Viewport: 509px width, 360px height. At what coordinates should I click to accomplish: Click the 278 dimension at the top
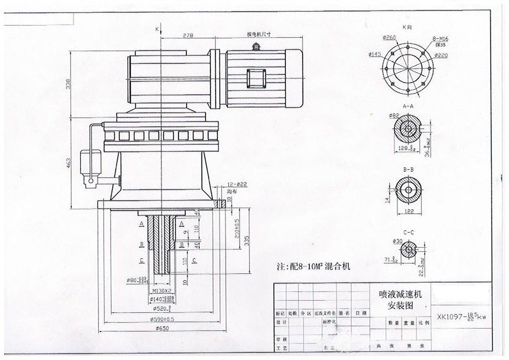188,35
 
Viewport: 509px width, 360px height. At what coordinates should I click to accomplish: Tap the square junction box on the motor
256,78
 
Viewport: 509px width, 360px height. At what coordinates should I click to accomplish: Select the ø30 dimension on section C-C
397,241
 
